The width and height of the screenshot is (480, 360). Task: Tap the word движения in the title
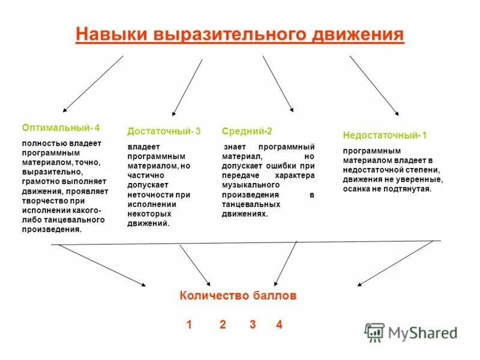359,34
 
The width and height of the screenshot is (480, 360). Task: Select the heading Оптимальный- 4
61,128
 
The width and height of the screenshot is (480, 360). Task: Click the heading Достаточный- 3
164,131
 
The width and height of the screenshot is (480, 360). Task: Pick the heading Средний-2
247,131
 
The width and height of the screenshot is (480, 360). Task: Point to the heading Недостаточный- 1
385,135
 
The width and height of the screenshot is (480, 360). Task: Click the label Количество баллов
238,296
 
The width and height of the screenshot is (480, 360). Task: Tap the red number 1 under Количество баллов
189,325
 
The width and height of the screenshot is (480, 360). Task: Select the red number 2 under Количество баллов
223,325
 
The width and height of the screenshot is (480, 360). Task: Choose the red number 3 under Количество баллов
253,325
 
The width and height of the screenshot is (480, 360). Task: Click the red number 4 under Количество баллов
279,325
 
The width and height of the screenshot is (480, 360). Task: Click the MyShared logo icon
374,332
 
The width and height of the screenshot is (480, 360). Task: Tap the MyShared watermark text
422,332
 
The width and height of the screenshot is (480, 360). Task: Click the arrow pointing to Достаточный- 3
187,87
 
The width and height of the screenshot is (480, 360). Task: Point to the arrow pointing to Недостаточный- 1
374,85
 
